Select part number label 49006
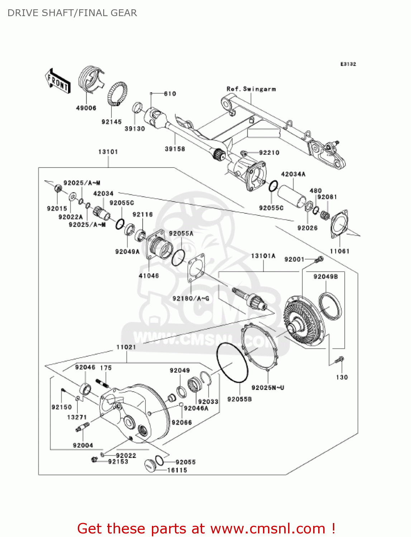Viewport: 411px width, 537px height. click(86, 108)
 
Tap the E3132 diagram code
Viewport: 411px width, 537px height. click(348, 64)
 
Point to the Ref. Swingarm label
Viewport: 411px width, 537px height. click(251, 89)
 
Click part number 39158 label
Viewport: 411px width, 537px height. click(175, 149)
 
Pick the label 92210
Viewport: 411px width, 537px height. click(269, 153)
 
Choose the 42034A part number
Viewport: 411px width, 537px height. click(293, 174)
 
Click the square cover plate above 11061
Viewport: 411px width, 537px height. click(339, 224)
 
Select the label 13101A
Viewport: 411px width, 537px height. click(263, 256)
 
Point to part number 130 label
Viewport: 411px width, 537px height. click(342, 377)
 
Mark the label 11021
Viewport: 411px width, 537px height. click(126, 347)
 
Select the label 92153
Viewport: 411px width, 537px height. click(118, 462)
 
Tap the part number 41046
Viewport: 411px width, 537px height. click(149, 276)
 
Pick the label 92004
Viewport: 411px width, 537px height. click(83, 445)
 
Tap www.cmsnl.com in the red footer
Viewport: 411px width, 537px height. click(268, 529)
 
